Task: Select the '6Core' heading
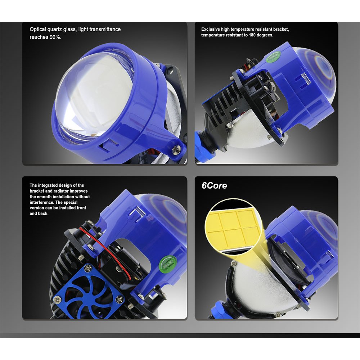[x=214, y=185]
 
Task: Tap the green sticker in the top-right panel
[x=274, y=57]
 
